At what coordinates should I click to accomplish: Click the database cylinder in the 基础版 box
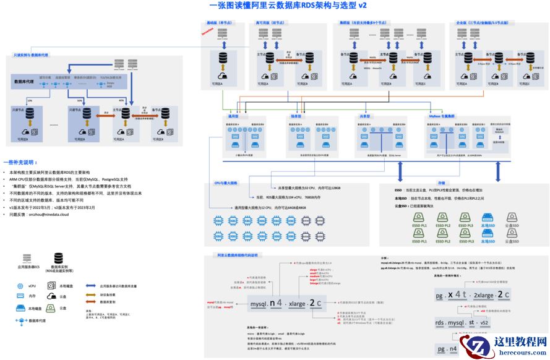tap(221, 59)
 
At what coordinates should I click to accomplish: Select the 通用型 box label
tap(233, 116)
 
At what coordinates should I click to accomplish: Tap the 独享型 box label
tap(296, 116)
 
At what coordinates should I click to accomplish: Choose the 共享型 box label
tap(364, 116)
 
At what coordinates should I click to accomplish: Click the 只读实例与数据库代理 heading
tap(31, 55)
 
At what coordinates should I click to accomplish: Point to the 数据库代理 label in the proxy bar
tap(24, 81)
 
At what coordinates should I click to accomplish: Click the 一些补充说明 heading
tap(20, 161)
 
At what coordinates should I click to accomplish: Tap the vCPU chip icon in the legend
tap(20, 286)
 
